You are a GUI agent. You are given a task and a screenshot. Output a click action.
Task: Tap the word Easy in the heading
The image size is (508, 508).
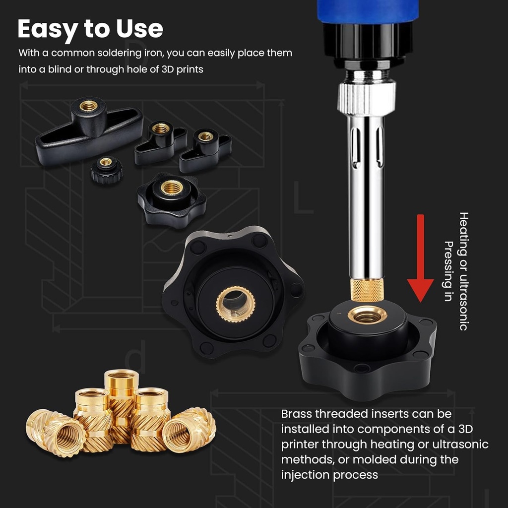click(x=46, y=29)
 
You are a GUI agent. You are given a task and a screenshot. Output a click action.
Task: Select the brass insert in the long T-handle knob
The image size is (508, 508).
click(x=89, y=106)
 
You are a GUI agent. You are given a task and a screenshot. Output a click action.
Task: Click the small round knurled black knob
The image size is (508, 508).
click(x=106, y=170)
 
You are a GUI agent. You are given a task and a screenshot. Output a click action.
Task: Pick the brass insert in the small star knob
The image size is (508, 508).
click(x=172, y=188)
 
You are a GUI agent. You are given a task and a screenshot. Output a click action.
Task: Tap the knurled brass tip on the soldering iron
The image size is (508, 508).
click(x=368, y=290)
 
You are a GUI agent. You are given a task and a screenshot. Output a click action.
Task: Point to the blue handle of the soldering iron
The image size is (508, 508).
click(x=368, y=10)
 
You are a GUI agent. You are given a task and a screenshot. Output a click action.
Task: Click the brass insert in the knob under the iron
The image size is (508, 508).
click(x=367, y=315)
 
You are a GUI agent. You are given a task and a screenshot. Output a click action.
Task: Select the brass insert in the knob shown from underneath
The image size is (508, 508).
click(x=235, y=301)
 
